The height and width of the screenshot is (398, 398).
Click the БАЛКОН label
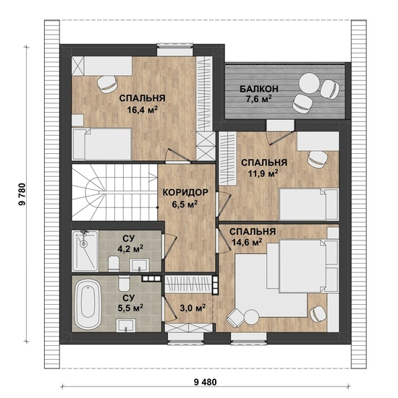point(259,89)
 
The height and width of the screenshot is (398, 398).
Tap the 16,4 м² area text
point(142,109)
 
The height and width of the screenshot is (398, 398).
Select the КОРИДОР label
point(185,192)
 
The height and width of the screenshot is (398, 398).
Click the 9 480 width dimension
point(206,382)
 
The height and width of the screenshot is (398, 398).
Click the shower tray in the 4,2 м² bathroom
point(85,251)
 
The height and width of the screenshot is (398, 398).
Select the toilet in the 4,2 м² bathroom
point(114,264)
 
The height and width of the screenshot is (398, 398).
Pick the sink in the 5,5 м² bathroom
point(126,325)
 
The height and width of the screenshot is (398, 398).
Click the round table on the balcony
point(309,83)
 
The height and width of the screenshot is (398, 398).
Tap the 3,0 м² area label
point(192,308)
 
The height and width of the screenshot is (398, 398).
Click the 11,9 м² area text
point(263,173)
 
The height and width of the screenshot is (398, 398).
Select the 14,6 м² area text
point(247,243)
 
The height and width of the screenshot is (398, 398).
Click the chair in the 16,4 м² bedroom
point(107,85)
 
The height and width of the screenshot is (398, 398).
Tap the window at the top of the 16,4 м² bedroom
point(174,50)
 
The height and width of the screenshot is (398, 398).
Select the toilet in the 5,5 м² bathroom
point(124,284)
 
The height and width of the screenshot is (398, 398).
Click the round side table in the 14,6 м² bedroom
point(251,317)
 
